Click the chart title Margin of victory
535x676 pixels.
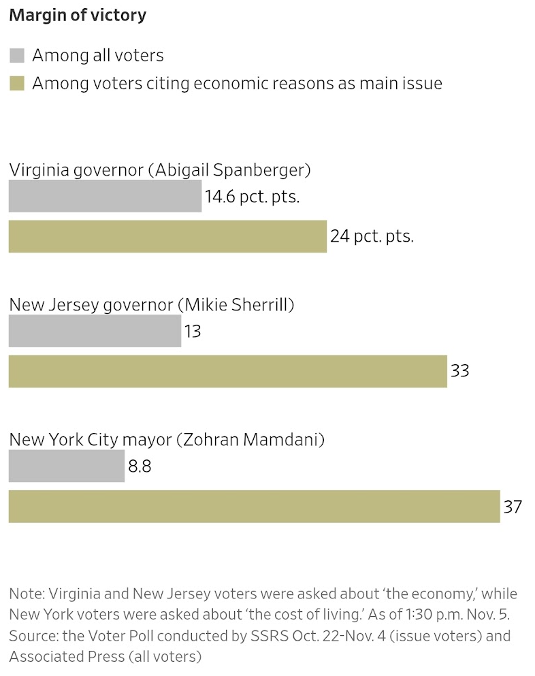[x=77, y=15]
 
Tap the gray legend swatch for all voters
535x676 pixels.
[x=17, y=55]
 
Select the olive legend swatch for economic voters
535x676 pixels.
[x=17, y=84]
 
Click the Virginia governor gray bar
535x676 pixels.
[x=105, y=196]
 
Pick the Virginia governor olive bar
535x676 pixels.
[x=167, y=237]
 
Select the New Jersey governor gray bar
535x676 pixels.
[x=95, y=331]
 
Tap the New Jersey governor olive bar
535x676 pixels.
[x=227, y=371]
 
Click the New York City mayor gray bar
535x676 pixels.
[x=67, y=466]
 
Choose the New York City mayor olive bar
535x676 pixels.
[x=254, y=506]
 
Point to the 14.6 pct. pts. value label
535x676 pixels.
[x=253, y=197]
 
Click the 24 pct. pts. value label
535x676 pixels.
[x=372, y=237]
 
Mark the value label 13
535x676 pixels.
[x=193, y=332]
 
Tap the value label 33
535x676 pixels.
[x=460, y=372]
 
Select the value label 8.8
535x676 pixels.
[x=140, y=466]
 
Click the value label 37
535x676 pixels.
[x=513, y=507]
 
